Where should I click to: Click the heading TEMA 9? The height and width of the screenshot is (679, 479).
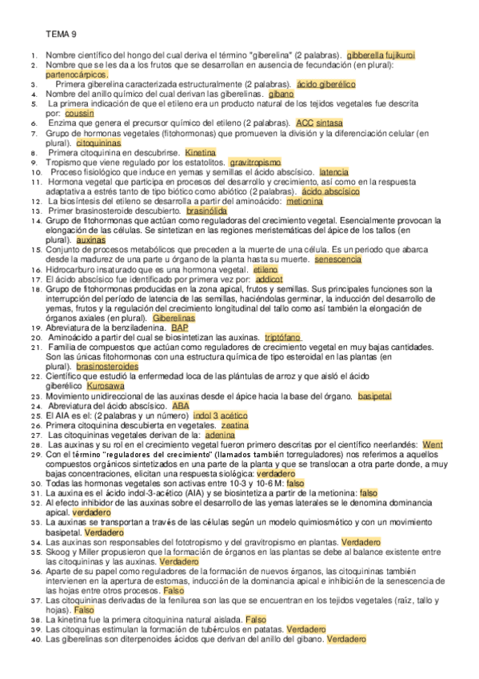61,34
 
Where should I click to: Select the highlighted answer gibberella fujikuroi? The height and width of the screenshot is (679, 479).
380,54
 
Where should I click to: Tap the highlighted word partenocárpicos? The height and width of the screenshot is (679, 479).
76,73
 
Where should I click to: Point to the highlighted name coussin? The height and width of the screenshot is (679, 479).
80,114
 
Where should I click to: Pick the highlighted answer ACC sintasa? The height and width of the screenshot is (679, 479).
320,123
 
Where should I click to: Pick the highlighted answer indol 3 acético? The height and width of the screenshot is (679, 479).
221,416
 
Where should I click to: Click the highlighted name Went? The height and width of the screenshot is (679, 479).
433,444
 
